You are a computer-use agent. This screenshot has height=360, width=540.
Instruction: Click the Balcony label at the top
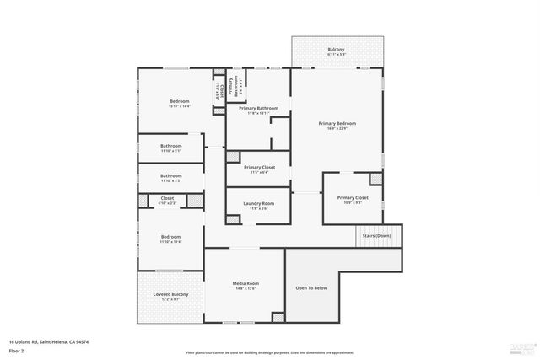click(336, 51)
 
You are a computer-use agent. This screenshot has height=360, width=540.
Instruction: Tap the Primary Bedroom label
click(337, 124)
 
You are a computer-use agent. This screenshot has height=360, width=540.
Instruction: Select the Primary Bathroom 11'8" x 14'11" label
click(258, 109)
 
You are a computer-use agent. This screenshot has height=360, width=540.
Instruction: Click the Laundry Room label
click(259, 204)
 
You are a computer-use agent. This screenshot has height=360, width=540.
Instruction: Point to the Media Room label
click(246, 284)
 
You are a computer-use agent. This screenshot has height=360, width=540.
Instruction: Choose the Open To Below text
click(310, 288)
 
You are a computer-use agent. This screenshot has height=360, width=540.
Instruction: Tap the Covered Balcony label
click(170, 295)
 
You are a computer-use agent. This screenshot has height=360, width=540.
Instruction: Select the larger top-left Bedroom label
click(178, 102)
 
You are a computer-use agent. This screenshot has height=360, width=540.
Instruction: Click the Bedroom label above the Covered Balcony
click(170, 238)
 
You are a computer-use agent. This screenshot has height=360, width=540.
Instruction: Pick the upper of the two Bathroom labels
click(170, 146)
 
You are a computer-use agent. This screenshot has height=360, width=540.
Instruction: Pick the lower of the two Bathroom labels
click(170, 176)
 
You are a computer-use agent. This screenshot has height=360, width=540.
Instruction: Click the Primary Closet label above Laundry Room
click(259, 168)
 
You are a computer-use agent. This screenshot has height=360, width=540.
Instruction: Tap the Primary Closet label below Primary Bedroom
click(353, 198)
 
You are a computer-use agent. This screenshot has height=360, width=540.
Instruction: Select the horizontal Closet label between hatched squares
click(167, 199)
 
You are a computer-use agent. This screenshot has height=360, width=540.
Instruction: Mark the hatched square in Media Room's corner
click(277, 316)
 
